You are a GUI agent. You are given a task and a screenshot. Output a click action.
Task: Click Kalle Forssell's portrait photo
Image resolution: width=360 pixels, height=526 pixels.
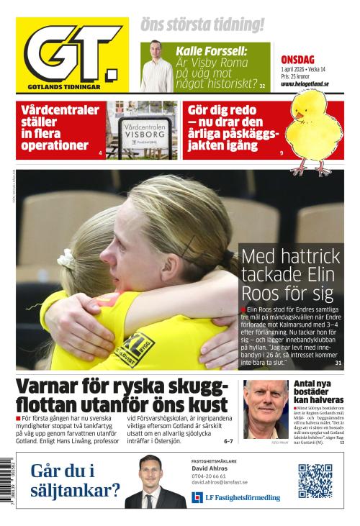tap(156, 66)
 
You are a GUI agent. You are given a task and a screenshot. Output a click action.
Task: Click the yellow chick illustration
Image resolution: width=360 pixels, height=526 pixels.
tap(315, 133)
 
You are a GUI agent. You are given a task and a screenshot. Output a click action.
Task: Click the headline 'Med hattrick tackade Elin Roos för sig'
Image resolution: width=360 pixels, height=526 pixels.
tap(288, 275)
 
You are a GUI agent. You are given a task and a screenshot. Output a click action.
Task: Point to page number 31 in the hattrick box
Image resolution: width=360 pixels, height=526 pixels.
tap(338, 364)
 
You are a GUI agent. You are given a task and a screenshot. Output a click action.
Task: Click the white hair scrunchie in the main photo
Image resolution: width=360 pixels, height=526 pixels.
tap(66, 258)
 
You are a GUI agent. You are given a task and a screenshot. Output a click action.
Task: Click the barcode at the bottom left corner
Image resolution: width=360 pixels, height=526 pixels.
tap(8, 486)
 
